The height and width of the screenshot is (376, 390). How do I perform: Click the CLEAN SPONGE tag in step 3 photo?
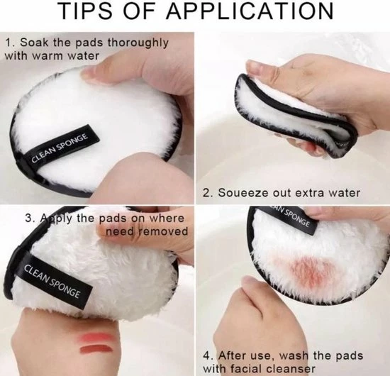tap(53, 281)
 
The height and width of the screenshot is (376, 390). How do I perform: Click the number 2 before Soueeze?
tap(207, 192)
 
